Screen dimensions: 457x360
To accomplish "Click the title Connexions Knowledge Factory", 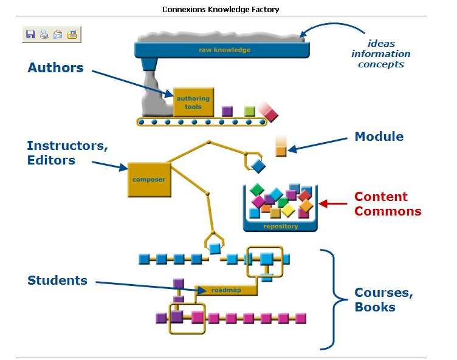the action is (221, 10).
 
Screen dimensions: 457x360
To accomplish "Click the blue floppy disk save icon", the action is (30, 35).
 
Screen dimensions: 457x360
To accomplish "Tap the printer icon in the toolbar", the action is (44, 35).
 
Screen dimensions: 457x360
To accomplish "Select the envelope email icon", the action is (58, 35).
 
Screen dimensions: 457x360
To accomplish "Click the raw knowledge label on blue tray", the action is (224, 50).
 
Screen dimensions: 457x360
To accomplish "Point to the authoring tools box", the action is (193, 102).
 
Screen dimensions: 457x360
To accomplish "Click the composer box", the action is (149, 180).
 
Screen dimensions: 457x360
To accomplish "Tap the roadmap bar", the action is (226, 290).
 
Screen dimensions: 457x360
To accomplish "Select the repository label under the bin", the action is (281, 226).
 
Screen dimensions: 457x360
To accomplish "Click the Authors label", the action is (55, 67).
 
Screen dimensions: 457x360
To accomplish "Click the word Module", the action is (379, 137).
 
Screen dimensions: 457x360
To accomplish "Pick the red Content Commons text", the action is (388, 204).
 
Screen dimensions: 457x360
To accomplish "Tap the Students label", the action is (57, 280).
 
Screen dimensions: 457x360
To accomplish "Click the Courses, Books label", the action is (383, 300).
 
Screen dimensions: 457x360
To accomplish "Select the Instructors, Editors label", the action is (67, 152).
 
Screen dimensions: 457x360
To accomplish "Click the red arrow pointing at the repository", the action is (333, 203).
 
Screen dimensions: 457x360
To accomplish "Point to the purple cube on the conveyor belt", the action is (227, 111).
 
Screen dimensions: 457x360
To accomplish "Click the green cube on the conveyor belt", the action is (250, 111).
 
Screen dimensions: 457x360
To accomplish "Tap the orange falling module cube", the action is (281, 151).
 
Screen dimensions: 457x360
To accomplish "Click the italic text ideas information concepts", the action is (381, 54).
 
